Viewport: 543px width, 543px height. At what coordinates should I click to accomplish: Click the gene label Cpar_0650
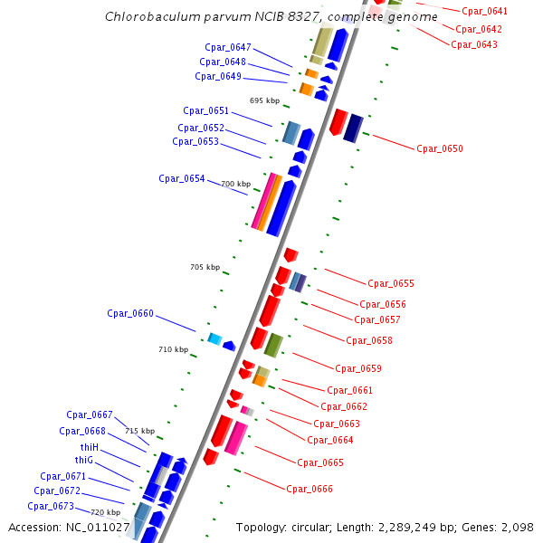pos(439,148)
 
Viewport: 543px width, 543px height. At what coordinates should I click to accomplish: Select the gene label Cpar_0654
pos(181,178)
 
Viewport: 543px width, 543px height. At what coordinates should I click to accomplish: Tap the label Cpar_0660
pos(130,314)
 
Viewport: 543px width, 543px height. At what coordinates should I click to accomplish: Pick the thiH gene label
pos(88,447)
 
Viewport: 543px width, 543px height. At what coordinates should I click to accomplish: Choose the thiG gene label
pos(84,461)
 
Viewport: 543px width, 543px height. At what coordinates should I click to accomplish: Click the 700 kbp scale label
pos(235,184)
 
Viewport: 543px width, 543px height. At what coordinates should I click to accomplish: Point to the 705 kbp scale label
pos(205,267)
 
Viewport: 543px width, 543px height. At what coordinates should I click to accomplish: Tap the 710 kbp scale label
pos(173,349)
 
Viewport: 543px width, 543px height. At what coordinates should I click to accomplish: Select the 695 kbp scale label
pos(264,100)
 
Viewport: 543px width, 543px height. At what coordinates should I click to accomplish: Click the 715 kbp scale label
pos(139,431)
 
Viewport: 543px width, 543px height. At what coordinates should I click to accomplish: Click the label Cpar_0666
pos(310,489)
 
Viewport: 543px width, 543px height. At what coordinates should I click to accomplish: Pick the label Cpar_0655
pos(390,284)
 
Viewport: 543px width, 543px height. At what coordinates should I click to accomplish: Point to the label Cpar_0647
pos(227,47)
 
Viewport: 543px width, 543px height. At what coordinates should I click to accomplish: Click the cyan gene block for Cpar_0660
pos(214,338)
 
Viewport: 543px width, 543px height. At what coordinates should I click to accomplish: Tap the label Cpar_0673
pos(50,506)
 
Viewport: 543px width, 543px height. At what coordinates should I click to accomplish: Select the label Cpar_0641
pos(484,12)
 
